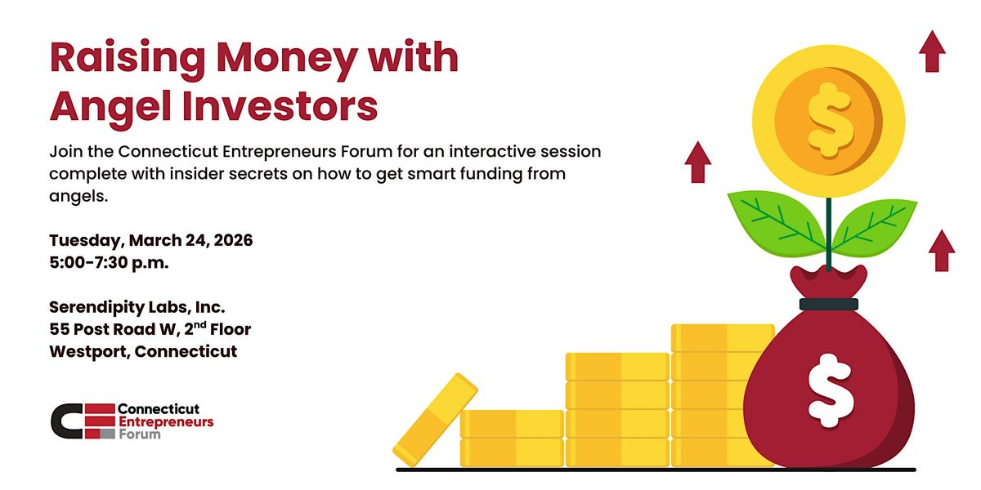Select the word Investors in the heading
[280, 105]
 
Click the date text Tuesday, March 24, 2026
[151, 241]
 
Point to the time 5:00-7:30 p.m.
[109, 262]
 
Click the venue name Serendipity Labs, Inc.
[137, 308]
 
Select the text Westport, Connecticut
[143, 352]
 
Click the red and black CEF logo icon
[83, 421]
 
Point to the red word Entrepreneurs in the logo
[166, 421]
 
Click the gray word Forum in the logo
[139, 434]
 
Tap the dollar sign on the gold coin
[831, 120]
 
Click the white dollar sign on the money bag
[831, 390]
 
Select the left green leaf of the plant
[777, 223]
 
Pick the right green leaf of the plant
[875, 227]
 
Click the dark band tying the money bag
[829, 305]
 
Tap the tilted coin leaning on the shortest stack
[435, 420]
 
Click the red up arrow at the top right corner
[933, 51]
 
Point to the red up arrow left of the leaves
[697, 162]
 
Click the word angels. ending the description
[78, 197]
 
